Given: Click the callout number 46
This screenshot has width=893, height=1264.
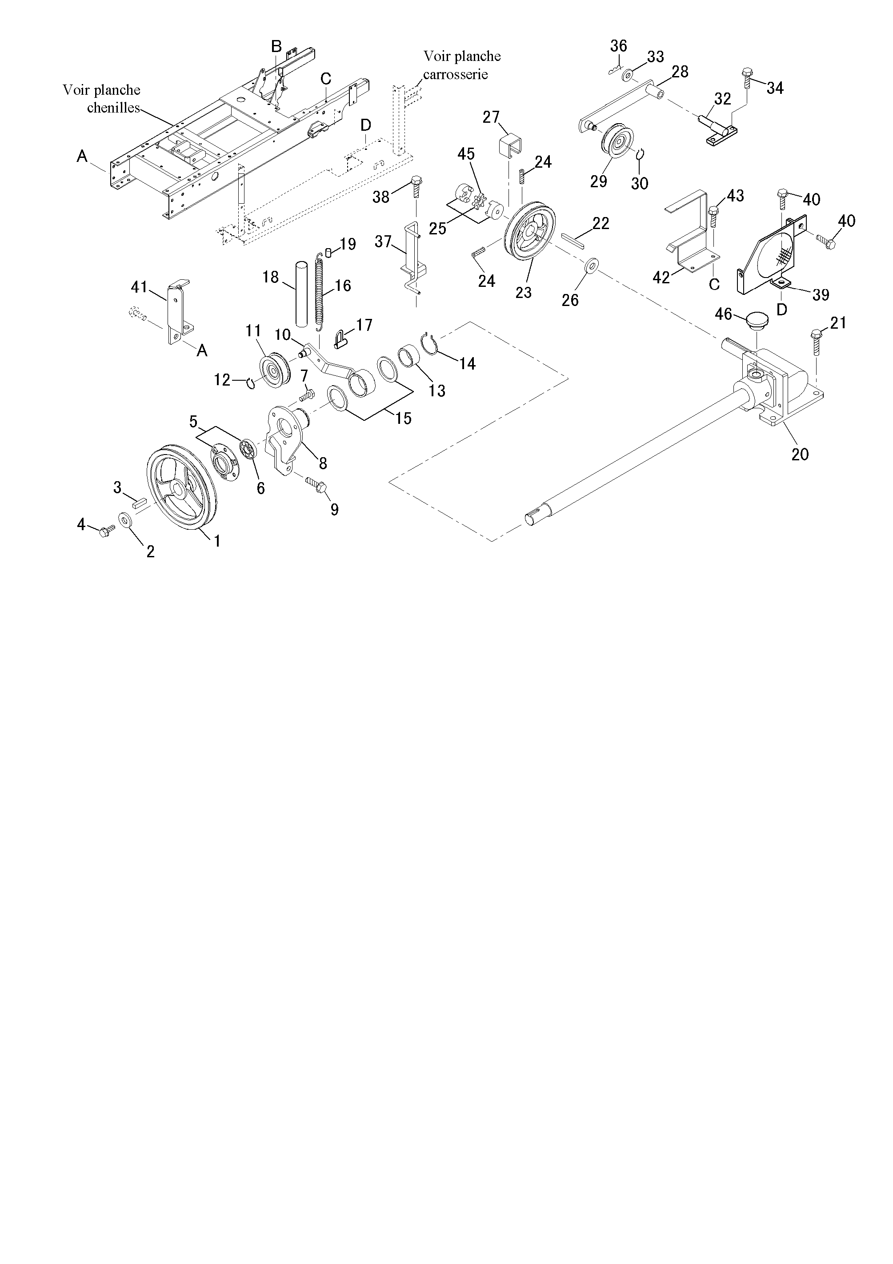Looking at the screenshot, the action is click(724, 314).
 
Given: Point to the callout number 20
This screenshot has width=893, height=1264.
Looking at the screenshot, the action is click(800, 454).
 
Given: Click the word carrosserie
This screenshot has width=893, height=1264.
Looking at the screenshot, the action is click(455, 74).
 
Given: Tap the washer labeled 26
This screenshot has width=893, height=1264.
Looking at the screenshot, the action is click(592, 265).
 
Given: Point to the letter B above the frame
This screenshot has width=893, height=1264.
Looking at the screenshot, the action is click(277, 46).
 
